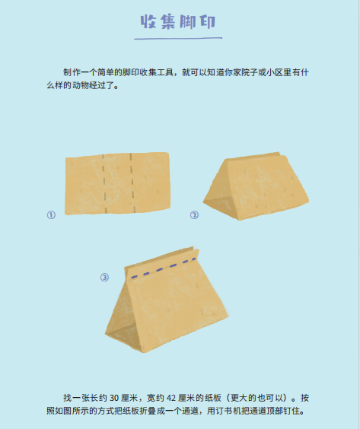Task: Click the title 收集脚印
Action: (178, 21)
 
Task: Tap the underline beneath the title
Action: (178, 38)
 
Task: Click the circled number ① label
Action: (51, 214)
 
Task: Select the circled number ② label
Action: (194, 215)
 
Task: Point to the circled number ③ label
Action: (104, 278)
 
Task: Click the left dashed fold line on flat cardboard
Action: (104, 183)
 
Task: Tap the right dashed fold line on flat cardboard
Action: (132, 183)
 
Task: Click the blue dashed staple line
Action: (164, 268)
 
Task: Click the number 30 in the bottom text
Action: (114, 398)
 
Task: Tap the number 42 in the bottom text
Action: (171, 398)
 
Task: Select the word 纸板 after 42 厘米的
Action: (212, 398)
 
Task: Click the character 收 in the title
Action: (148, 21)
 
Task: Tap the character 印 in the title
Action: (208, 21)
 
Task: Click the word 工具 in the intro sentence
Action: (165, 72)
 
